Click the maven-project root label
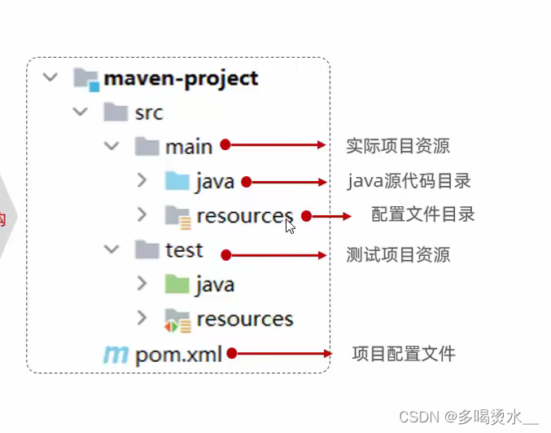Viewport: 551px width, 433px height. coord(181,79)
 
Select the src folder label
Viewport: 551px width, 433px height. coord(147,113)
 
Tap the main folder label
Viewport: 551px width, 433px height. coord(189,146)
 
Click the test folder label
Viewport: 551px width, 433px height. coord(184,250)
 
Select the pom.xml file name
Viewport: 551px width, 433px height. coord(179,354)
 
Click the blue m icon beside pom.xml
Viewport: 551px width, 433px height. coord(115,354)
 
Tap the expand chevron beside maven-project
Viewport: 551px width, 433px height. coord(50,78)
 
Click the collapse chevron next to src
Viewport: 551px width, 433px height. coord(80,112)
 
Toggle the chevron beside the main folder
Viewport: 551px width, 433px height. coord(112,146)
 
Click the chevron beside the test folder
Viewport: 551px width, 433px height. coord(112,250)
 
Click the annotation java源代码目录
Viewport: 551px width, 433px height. coord(409,181)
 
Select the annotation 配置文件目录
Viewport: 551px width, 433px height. coord(422,215)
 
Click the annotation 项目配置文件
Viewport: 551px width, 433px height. coord(403,354)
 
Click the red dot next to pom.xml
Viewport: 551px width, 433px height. coord(232,354)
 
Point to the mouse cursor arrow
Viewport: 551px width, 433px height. coord(290,226)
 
